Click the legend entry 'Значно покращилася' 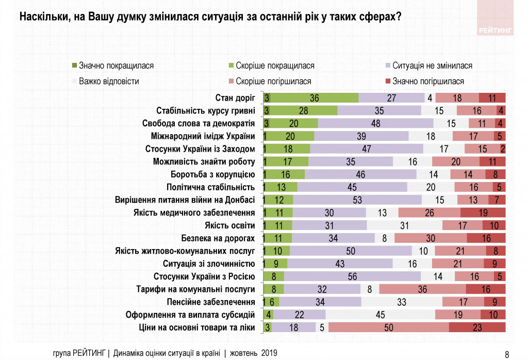coord(117,66)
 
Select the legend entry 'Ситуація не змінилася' coord(432,66)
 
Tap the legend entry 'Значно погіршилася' coord(428,81)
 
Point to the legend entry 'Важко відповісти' coord(109,81)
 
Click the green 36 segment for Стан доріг coord(315,98)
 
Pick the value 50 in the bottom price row coord(388,327)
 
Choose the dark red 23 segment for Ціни coord(477,327)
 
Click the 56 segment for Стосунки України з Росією coord(352,276)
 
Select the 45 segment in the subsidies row coord(381,315)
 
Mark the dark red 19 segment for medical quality coord(483,212)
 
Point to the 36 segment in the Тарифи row coord(423,289)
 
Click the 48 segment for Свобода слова coord(375,123)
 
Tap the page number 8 coord(507,354)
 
